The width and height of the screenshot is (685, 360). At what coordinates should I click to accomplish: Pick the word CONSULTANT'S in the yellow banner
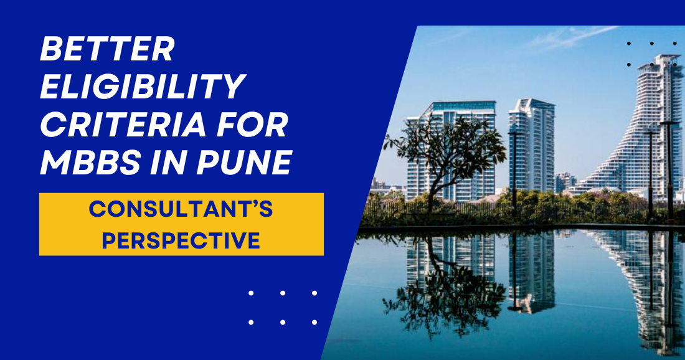pos(181,210)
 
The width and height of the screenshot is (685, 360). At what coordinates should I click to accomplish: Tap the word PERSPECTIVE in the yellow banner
pos(181,240)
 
